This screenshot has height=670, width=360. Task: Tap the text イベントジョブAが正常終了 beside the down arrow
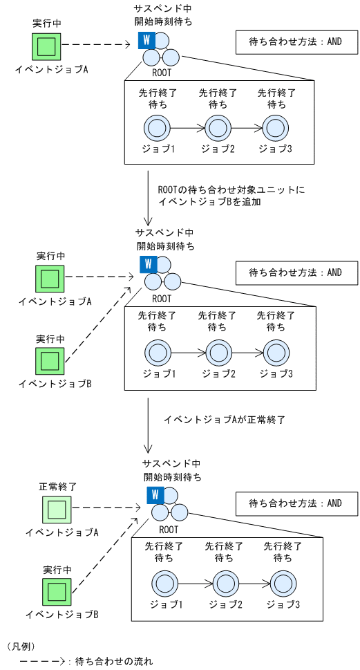224,420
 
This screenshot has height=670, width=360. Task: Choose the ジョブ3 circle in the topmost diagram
276,128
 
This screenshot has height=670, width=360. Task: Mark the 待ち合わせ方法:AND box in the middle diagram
296,272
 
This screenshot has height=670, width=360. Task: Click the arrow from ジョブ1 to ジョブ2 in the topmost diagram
187,128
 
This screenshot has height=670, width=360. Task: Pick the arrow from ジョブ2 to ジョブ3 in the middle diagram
247,353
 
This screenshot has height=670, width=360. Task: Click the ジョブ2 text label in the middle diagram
218,373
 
